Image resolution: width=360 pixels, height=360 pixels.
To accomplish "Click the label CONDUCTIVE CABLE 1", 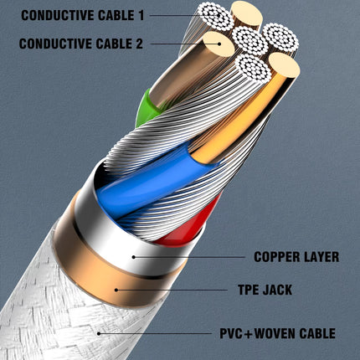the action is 83,15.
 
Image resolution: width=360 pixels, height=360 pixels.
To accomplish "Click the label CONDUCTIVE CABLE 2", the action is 81,44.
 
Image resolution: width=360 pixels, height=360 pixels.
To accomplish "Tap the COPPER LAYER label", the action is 296,257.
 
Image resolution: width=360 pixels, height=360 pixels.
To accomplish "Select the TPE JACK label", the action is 265,290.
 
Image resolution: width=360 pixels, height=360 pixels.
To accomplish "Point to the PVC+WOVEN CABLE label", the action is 277,333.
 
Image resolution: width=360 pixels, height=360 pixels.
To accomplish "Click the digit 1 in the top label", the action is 141,15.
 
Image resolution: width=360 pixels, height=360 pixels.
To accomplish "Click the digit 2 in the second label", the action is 139,44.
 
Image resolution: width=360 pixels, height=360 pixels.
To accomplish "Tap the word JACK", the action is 277,290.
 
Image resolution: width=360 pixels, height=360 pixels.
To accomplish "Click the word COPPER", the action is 276,257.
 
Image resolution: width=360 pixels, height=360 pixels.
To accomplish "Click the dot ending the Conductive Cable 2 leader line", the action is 219,44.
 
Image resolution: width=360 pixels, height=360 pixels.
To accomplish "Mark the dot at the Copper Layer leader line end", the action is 134,257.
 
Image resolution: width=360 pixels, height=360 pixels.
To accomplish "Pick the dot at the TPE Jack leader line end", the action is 116,290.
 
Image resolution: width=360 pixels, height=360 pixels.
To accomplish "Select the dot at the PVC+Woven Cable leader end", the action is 99,333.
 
